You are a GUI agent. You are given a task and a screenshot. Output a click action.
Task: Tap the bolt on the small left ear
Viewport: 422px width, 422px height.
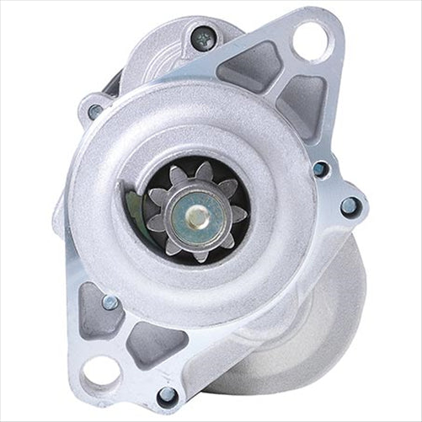pos(95,110)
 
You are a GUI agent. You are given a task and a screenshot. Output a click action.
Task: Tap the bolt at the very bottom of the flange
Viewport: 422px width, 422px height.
pos(167,394)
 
